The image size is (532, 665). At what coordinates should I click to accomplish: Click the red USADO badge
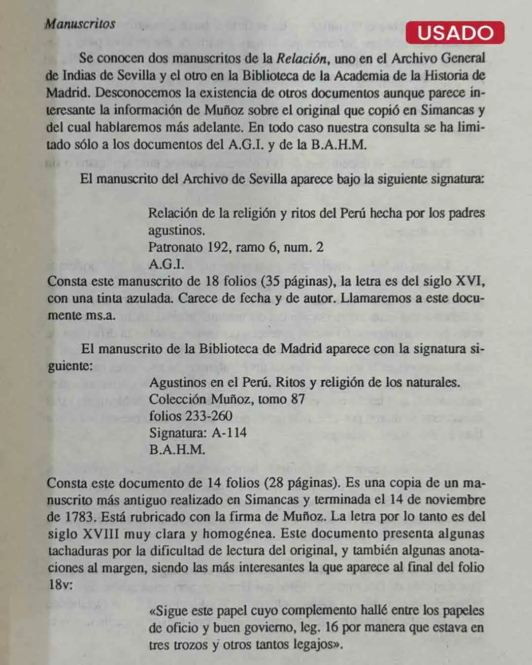(x=455, y=33)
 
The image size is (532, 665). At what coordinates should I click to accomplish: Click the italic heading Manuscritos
(x=80, y=24)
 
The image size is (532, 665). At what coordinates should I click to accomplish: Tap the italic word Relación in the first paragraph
(x=301, y=59)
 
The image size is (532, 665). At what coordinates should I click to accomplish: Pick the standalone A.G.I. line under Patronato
(x=166, y=264)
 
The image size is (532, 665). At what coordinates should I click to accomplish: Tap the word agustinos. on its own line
(x=176, y=230)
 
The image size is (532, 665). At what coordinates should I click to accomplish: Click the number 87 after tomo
(x=298, y=399)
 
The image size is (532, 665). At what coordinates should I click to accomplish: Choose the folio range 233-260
(x=208, y=416)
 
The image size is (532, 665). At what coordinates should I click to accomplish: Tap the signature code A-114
(x=229, y=433)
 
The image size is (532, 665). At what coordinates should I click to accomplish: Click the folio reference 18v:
(x=60, y=585)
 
